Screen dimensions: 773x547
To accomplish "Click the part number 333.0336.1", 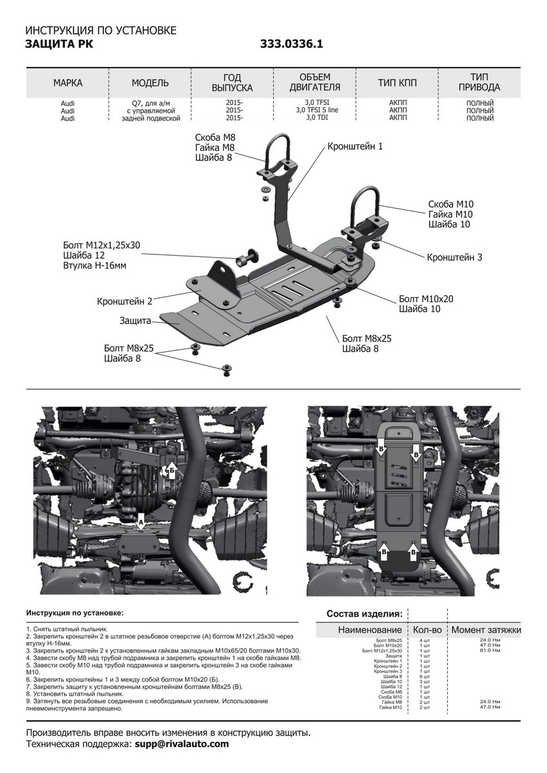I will coord(291,44).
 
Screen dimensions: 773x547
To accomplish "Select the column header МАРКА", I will coord(68,83).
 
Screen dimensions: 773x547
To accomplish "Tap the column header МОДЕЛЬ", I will coord(150,83).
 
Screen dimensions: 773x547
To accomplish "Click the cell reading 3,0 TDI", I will coord(317,118).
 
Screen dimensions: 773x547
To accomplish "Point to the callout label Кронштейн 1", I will coord(355,147).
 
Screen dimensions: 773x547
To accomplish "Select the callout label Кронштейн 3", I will coord(454,257).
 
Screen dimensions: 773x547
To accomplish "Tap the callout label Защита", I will coord(135,320).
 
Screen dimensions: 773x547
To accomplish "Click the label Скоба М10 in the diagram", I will coord(451,204).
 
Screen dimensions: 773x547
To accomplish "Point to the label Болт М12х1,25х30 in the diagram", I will coord(101,245).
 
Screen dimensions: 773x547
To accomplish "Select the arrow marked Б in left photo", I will coord(172,469).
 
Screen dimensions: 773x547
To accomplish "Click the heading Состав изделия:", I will coord(364,613).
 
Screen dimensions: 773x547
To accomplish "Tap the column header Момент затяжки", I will coord(486,629).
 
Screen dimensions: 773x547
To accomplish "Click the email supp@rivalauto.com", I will coord(182,744).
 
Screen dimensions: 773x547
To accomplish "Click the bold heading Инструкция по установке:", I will coord(75,613).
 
